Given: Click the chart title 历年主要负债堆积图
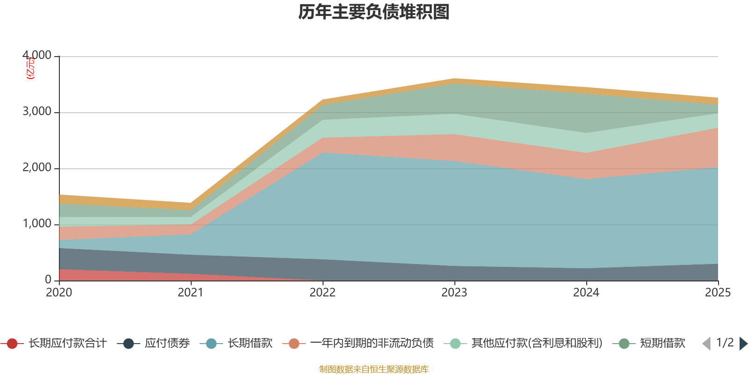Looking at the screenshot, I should click(x=374, y=12).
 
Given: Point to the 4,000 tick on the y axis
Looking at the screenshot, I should click(x=37, y=56).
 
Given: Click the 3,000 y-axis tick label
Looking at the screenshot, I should click(x=37, y=112).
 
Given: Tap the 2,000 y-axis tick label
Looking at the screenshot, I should click(x=37, y=168).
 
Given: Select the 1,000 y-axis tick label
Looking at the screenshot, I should click(x=37, y=224).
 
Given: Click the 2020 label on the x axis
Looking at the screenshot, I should click(x=59, y=293).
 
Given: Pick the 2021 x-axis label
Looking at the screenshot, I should click(x=191, y=293).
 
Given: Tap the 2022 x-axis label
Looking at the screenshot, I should click(x=323, y=293).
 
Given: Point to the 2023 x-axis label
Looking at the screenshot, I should click(x=454, y=293).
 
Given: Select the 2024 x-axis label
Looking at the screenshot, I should click(x=586, y=293).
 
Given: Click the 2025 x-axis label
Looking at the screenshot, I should click(x=718, y=293).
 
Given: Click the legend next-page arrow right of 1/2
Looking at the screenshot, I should click(x=743, y=344).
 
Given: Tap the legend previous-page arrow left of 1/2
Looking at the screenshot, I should click(x=706, y=344).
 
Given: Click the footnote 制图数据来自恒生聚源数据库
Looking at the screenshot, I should click(x=374, y=369).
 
